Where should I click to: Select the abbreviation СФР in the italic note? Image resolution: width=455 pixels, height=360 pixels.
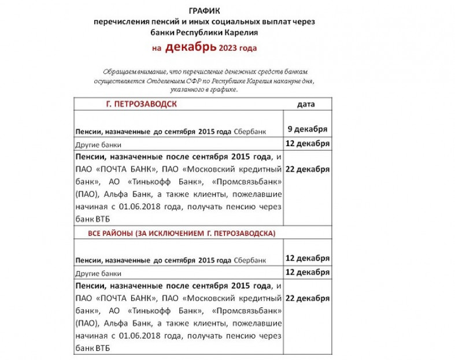click(x=205, y=80)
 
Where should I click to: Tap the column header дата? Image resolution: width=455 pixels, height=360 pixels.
click(x=306, y=104)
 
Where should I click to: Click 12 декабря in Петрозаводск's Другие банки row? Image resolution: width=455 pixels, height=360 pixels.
click(x=307, y=143)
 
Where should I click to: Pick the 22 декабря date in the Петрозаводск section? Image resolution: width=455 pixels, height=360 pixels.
click(x=307, y=169)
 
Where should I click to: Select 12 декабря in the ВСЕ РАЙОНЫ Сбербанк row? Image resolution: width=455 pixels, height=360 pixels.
click(x=307, y=258)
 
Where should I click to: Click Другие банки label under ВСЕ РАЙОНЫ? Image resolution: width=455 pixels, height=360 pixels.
click(x=98, y=273)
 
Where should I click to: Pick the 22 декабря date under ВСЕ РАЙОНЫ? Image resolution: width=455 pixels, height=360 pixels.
click(x=307, y=298)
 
